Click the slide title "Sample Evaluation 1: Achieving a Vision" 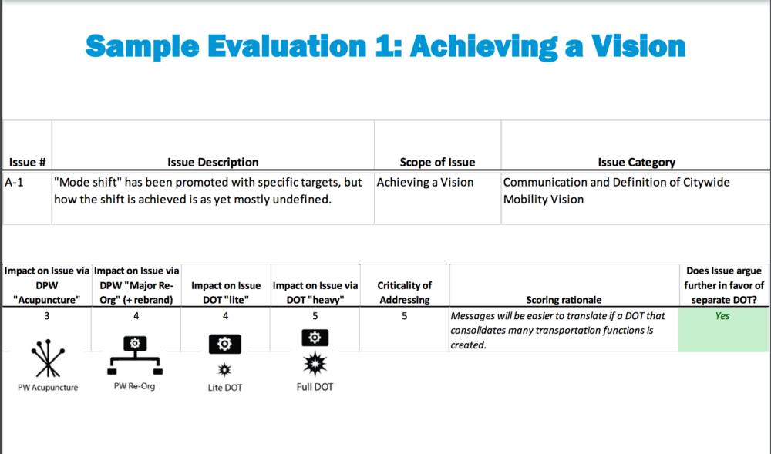tap(385, 47)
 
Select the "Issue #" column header tap(28, 162)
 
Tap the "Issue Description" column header tap(213, 162)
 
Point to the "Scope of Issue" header tap(437, 162)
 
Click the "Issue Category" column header tap(636, 162)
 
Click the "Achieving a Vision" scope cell tap(425, 182)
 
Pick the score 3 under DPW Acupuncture tap(47, 316)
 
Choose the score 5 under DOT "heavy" tap(315, 316)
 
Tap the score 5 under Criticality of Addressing tap(404, 316)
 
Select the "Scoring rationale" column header tap(564, 300)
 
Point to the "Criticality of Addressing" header tap(404, 292)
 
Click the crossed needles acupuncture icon tap(48, 358)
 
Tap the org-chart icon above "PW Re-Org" tap(135, 355)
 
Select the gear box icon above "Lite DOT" tap(224, 344)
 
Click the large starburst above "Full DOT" tap(315, 364)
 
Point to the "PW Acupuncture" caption tap(48, 388)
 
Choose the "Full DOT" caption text tap(315, 387)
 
